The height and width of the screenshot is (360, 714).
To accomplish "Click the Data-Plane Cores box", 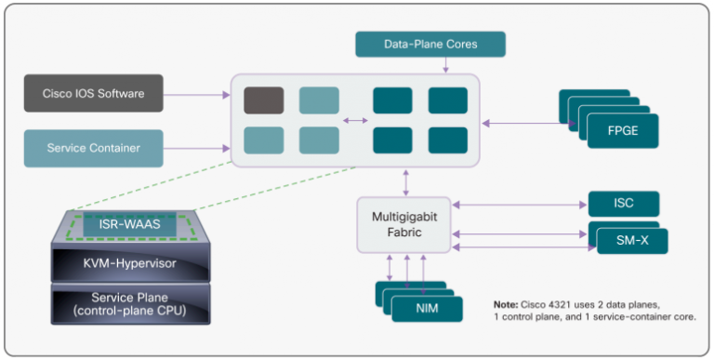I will pyautogui.click(x=430, y=44).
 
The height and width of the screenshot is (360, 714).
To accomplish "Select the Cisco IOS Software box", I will pyautogui.click(x=93, y=93).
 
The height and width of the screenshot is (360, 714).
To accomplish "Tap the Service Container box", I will pyautogui.click(x=93, y=148).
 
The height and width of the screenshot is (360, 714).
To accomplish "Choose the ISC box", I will pyautogui.click(x=624, y=204).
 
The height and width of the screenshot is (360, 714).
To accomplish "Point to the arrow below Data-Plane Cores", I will pyautogui.click(x=444, y=65).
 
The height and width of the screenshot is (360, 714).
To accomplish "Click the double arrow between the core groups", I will pyautogui.click(x=354, y=120).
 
